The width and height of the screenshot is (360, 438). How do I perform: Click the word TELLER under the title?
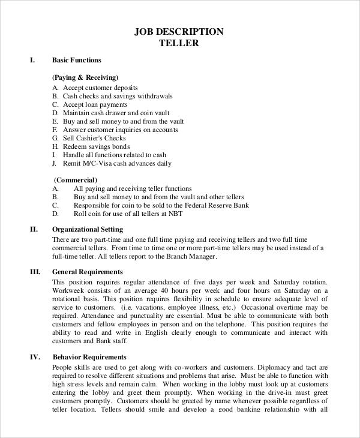point(179,43)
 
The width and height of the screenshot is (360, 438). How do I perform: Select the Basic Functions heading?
point(77,60)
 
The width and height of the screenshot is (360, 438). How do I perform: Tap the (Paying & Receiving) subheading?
point(85,77)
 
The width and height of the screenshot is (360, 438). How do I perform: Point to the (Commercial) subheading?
point(76,179)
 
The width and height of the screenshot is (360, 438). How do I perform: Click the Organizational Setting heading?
point(88,229)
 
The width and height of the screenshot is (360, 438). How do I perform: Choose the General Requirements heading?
point(88,272)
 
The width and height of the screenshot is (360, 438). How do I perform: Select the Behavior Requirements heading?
point(89,358)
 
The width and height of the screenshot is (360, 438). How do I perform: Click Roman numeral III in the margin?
point(35,272)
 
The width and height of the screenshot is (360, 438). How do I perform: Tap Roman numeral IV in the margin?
point(35,358)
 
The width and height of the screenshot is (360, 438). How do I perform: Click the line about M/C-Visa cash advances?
point(117,163)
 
